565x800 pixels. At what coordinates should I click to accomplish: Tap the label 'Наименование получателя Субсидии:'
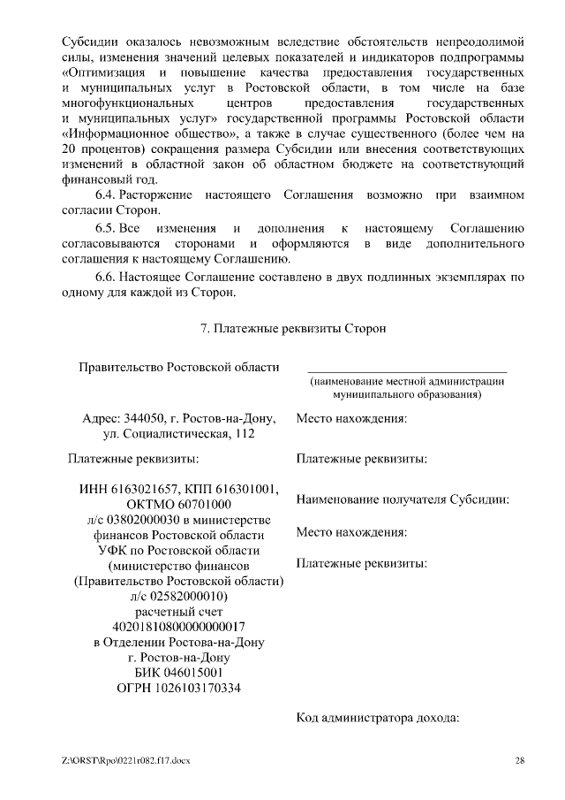pos(403,499)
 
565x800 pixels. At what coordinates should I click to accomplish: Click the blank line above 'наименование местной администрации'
pos(407,370)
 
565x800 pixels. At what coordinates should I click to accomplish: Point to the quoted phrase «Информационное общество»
pos(153,133)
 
